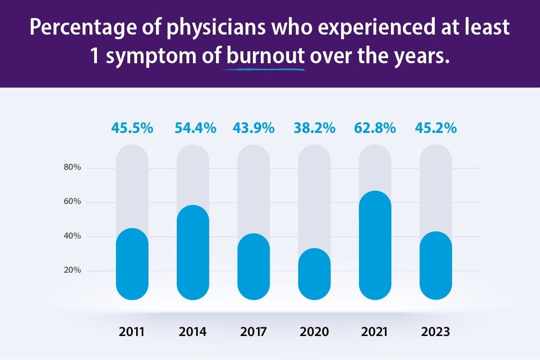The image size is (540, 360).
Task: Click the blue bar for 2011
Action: tap(132, 264)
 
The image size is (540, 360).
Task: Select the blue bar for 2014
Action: tap(193, 252)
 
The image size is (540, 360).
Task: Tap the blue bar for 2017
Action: tap(254, 267)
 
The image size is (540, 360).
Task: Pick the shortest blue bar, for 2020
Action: tap(314, 274)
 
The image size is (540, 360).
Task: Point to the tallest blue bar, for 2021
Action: tap(375, 245)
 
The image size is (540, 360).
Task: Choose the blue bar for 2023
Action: tap(436, 265)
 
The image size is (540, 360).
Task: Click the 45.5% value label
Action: tap(132, 128)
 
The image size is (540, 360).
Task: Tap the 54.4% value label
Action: tap(195, 128)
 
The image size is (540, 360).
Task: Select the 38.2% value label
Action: tap(315, 128)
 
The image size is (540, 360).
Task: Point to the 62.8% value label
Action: tap(375, 128)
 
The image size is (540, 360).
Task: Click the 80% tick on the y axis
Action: tap(72, 168)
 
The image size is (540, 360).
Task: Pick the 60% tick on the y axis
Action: tap(72, 202)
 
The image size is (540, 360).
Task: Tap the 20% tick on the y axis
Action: tap(72, 270)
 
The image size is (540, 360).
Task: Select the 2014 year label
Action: tap(193, 332)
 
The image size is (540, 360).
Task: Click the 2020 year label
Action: tap(314, 332)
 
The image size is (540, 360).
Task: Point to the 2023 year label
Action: tap(436, 332)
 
